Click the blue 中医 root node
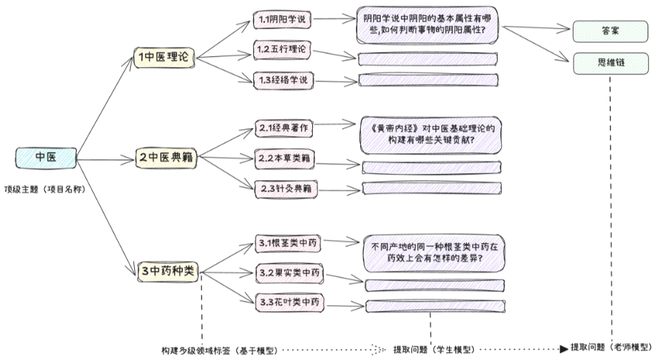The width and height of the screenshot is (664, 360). pos(44,157)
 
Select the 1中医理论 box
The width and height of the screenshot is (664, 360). pos(163,58)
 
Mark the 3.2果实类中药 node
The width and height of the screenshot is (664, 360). pos(288,273)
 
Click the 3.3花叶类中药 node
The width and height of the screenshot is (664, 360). pos(288,303)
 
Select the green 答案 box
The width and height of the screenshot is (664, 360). pos(611,30)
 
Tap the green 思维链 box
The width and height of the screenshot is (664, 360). pos(611,63)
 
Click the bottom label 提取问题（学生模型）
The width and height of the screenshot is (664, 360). pos(433,350)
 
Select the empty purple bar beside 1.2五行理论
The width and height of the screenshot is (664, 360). pos(427,59)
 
